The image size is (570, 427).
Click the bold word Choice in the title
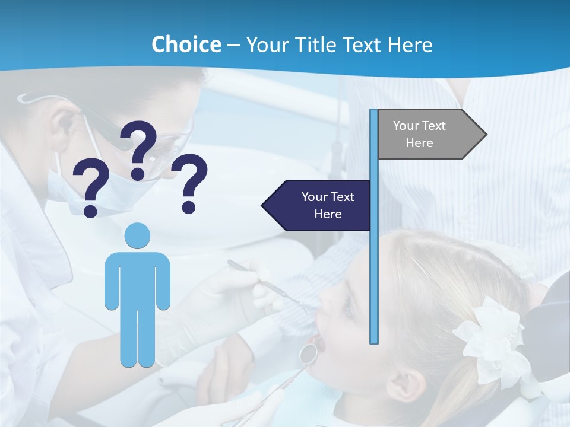pos(186,44)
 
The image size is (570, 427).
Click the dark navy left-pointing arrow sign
pos(318,205)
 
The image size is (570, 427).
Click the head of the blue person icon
pos(138,235)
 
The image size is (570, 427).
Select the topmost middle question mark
pos(139,149)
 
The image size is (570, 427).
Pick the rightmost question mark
pos(190,183)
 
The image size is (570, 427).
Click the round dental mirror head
pos(308,353)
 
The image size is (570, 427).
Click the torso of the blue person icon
pos(138,279)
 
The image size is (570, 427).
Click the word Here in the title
pos(409,44)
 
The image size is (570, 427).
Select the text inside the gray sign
pos(419,134)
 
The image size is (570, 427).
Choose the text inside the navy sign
pos(328,205)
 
